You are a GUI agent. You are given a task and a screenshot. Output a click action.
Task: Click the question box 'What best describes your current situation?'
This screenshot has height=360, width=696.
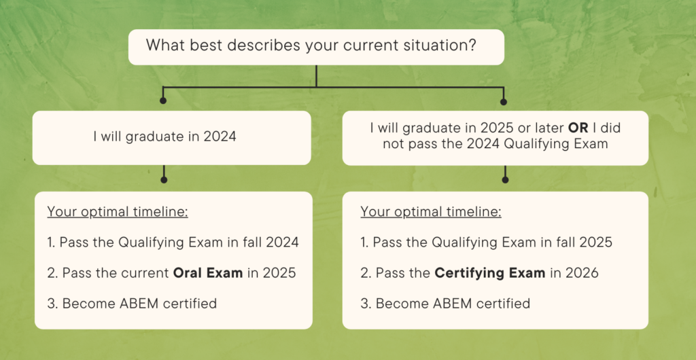coord(316,47)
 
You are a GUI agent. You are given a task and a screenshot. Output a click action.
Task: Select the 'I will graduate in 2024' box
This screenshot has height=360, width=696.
coord(171,137)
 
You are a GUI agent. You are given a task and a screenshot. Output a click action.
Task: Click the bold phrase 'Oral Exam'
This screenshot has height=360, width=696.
coord(208,273)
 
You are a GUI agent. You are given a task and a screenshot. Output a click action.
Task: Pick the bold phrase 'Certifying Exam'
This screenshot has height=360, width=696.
coord(489,273)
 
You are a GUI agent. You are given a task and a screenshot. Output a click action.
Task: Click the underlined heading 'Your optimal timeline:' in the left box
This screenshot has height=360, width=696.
coord(118,211)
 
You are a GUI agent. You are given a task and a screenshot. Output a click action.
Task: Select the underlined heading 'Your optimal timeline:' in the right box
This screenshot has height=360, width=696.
coord(431,211)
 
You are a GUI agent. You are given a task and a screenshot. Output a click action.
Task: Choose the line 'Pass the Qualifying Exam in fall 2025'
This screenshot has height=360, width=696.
coord(487,242)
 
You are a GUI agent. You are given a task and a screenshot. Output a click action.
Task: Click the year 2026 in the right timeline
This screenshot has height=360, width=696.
coord(585,273)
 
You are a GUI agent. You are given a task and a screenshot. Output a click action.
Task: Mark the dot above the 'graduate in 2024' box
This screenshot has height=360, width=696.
coord(162,101)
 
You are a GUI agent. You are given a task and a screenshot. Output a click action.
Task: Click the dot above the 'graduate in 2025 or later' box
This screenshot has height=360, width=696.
coord(504,102)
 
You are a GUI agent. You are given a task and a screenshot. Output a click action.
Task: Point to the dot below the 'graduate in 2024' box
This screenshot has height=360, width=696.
coord(162,180)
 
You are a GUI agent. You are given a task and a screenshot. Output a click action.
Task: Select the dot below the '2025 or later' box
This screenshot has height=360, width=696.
coord(504,180)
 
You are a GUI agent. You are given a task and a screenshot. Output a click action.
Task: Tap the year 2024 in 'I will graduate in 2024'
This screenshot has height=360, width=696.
coord(220,137)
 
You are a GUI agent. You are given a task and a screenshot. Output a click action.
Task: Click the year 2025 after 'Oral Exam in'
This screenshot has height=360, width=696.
coord(281,273)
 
